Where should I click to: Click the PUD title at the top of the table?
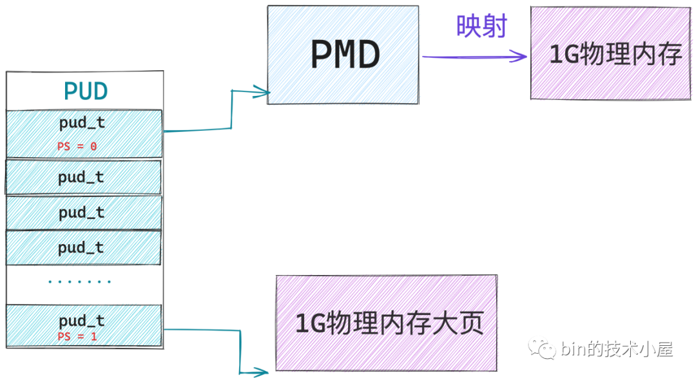point(85,91)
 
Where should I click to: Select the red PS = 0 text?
point(77,146)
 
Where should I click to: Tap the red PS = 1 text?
point(77,337)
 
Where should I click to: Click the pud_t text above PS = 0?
point(81,122)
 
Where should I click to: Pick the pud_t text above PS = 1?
point(81,320)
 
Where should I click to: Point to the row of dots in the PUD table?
point(80,281)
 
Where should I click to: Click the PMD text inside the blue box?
point(345,55)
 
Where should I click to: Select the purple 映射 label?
point(481,26)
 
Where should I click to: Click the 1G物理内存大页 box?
point(386,323)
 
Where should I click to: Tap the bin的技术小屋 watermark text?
point(617,350)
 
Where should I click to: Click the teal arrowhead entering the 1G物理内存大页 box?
point(262,372)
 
